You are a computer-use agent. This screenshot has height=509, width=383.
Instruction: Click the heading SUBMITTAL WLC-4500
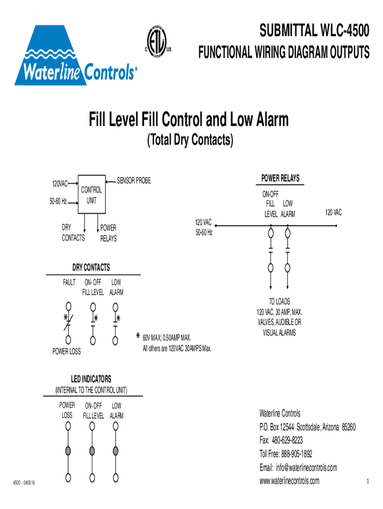pos(313,32)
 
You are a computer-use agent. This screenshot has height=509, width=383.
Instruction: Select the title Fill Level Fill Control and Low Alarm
pos(189,120)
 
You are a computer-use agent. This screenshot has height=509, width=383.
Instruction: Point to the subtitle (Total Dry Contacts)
pos(189,141)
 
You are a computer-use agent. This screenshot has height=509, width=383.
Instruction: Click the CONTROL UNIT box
pos(92,195)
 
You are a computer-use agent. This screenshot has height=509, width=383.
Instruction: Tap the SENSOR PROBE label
pos(133,180)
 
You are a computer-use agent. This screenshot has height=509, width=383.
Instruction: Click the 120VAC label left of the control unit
pos(60,184)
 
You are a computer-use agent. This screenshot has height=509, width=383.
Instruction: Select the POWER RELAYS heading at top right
pos(280,178)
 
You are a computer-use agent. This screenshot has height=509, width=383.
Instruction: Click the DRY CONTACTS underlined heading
pos(92,267)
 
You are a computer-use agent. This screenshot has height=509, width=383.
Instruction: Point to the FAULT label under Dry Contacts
pos(69,282)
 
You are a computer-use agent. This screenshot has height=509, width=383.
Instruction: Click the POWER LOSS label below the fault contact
pos(67,352)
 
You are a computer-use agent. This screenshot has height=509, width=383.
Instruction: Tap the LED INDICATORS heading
pos(92,379)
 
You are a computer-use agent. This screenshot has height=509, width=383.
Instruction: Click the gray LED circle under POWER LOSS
pos(68,451)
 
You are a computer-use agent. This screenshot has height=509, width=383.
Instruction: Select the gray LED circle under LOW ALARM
pos(116,451)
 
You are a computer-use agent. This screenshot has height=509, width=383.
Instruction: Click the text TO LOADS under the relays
pos(280,302)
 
